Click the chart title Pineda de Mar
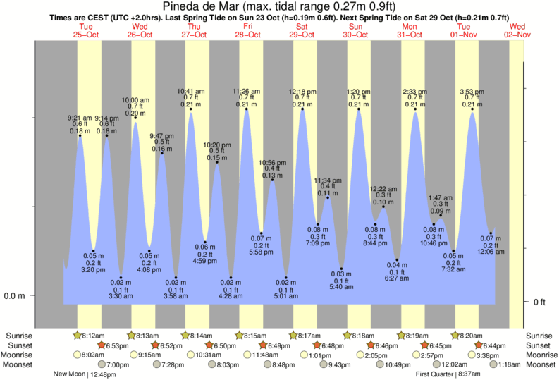click(x=279, y=8)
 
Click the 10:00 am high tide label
click(x=135, y=100)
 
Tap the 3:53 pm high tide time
click(x=472, y=92)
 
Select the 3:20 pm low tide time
click(x=94, y=269)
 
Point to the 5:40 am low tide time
click(x=341, y=286)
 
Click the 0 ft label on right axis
click(x=539, y=302)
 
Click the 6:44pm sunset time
click(x=496, y=345)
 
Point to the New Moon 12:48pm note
click(x=85, y=374)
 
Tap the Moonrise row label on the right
click(x=539, y=355)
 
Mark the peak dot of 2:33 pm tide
click(x=414, y=109)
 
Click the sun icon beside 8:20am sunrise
click(x=455, y=336)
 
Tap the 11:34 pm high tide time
click(x=328, y=179)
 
